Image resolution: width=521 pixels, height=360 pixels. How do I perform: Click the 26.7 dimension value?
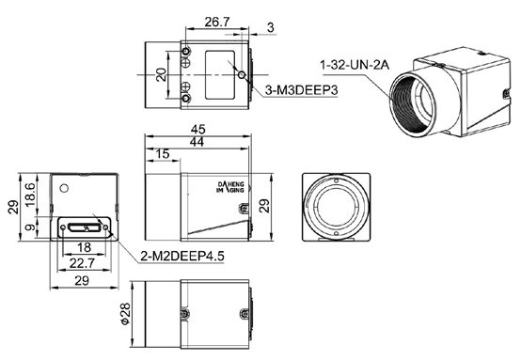pos(217,23)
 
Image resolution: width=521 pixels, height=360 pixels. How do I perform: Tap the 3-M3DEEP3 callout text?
pos(301,90)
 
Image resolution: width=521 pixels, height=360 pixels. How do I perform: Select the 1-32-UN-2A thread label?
pos(355,65)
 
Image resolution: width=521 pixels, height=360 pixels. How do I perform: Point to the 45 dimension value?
pos(198,129)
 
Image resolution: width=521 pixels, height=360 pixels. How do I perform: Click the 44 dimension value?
pos(197,143)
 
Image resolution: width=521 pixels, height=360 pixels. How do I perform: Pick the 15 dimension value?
pos(163,154)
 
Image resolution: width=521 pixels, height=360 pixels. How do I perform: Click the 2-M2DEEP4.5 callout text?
pos(182,256)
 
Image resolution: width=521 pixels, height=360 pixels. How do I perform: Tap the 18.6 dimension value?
pos(30,195)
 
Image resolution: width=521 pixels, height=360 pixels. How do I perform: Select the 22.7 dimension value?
pos(82,264)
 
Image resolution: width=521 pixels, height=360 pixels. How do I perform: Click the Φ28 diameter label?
pos(126,313)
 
